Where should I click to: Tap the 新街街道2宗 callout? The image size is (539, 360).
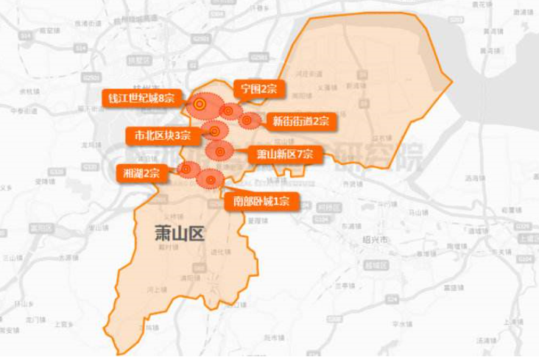pos(300,121)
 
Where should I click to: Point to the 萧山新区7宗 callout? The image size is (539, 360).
pos(285,155)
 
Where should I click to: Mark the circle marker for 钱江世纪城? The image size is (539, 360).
pos(199,105)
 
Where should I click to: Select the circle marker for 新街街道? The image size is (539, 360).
pos(247,119)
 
